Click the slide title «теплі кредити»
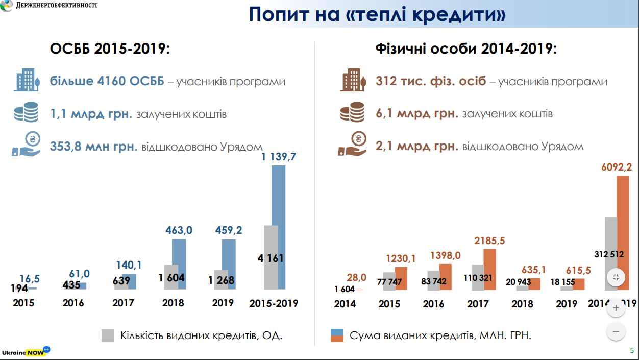[x=377, y=14]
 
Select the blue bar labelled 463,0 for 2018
[x=179, y=264]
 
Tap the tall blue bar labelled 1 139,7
[x=279, y=227]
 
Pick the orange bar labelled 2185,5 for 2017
[x=489, y=270]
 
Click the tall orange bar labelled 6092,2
[x=623, y=233]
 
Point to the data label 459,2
[x=229, y=230]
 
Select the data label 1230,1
[x=401, y=259]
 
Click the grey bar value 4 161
[x=271, y=258]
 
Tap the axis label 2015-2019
[x=274, y=303]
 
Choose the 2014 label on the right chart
[x=345, y=304]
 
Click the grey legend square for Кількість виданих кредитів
[x=108, y=335]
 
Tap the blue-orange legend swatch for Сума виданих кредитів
[x=337, y=335]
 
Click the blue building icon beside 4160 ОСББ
[x=27, y=80]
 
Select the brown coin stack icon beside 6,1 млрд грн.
[x=352, y=112]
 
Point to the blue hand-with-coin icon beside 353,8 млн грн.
[x=26, y=144]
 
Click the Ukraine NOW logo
[x=26, y=351]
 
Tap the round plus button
[x=616, y=308]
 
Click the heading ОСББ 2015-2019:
[x=110, y=49]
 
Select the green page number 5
[x=632, y=350]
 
